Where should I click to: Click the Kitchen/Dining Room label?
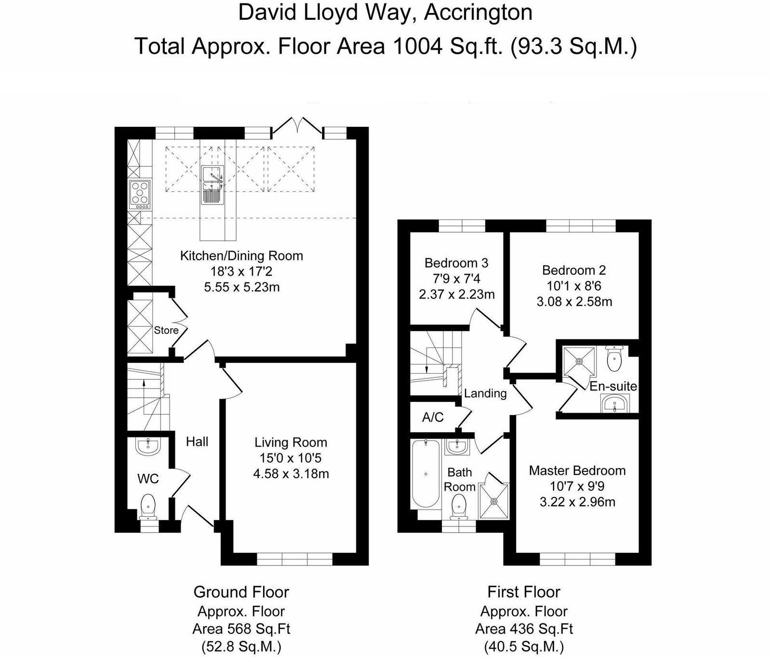click(241, 255)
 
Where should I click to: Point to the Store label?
click(166, 330)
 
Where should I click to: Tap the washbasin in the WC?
click(148, 447)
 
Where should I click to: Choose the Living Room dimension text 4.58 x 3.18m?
click(291, 474)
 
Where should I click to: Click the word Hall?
click(197, 442)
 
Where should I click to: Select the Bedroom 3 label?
click(456, 263)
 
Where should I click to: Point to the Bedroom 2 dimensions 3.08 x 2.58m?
click(574, 302)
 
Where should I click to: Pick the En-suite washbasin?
click(615, 403)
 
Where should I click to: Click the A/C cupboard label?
click(433, 417)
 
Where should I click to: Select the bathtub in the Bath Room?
click(425, 474)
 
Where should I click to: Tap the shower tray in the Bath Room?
click(493, 501)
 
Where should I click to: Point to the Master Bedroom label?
click(577, 471)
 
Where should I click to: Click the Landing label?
click(485, 393)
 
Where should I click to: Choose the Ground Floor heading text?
click(241, 592)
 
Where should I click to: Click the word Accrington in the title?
click(478, 13)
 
